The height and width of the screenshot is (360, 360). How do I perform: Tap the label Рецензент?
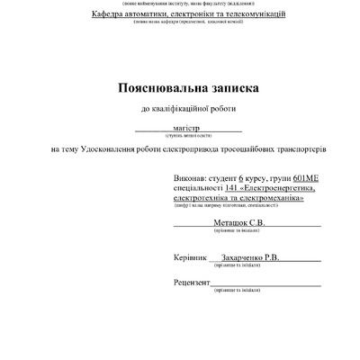click(x=192, y=283)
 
